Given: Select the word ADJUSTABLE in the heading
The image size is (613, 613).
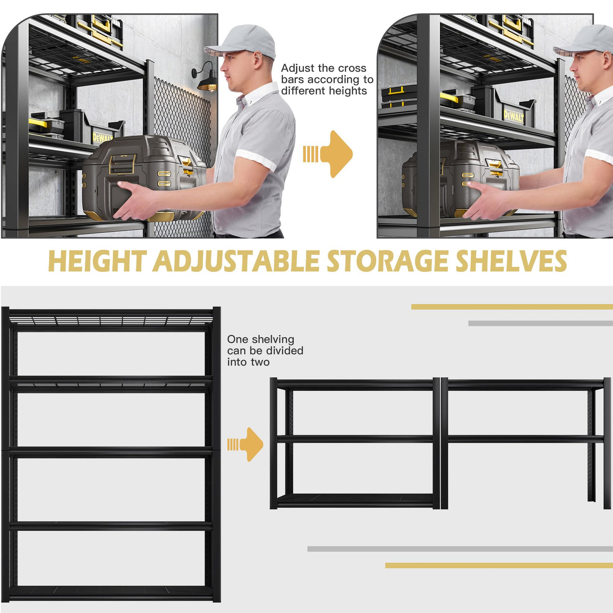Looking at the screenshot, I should pos(236,262).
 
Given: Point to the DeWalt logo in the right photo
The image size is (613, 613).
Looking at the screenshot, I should pos(514,116).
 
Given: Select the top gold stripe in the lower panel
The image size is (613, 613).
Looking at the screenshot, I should pos(512,306).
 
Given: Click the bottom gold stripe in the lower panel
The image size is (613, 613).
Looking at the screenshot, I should pos(498,566).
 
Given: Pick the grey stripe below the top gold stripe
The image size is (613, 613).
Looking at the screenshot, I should pos(540,323).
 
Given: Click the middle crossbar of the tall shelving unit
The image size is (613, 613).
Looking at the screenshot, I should pos(111,452).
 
